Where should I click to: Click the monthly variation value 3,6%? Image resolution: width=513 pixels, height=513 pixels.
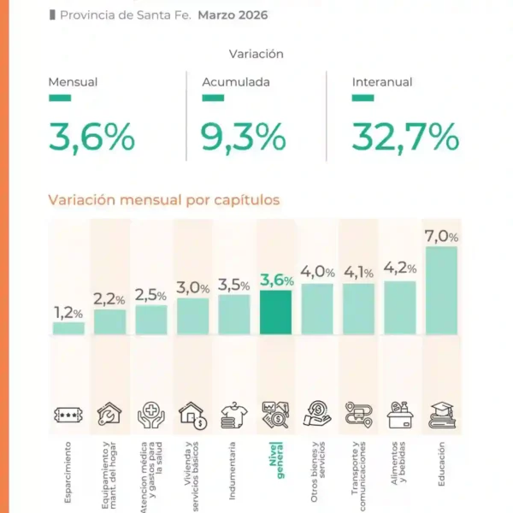91,137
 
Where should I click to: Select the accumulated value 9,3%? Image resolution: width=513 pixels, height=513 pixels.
243,137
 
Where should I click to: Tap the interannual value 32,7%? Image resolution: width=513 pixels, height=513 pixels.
405,137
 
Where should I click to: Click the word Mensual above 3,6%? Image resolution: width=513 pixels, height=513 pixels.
73,83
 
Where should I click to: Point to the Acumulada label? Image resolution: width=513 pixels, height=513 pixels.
236,83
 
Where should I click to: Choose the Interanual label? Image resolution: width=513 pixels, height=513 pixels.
381,83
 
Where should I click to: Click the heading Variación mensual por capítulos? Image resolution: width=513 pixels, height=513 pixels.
163,200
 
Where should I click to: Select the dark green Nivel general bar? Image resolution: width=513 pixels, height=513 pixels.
275,312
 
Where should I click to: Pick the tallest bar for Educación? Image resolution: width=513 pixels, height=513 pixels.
441,290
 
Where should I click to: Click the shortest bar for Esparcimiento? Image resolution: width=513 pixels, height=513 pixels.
68,327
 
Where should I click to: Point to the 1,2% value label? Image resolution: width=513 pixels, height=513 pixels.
68,313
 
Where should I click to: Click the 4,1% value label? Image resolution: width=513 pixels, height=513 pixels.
358,274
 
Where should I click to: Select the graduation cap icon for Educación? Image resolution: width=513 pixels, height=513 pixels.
442,415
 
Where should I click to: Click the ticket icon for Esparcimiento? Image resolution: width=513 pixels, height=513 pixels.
68,416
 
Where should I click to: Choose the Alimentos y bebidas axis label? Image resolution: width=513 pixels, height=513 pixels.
400,467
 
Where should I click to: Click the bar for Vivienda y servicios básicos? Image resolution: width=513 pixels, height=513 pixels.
192,315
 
